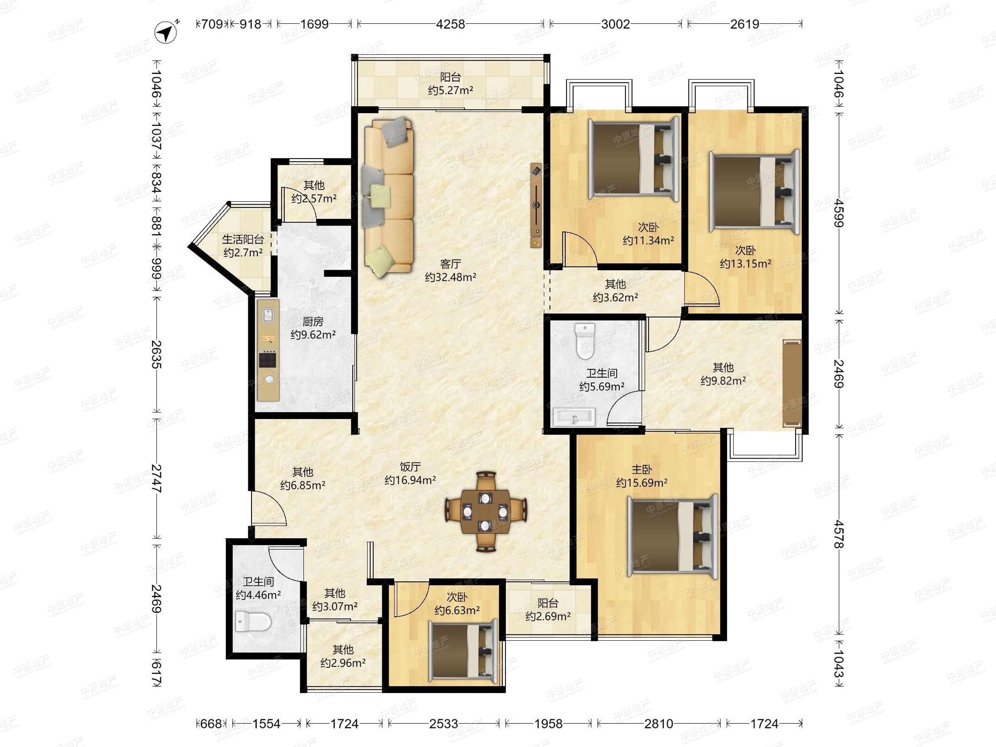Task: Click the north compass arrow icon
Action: coord(166,32)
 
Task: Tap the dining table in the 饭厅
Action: coord(486,512)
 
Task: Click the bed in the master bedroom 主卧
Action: coord(672,536)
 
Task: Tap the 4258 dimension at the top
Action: coord(450,24)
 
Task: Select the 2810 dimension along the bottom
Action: coord(659,724)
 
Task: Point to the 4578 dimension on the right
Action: coord(838,534)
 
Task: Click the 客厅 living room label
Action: coord(450,264)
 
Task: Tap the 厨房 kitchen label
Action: coord(312,322)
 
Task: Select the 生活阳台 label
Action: coord(243,239)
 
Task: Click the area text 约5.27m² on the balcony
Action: coord(450,90)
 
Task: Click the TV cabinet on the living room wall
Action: coord(536,205)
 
